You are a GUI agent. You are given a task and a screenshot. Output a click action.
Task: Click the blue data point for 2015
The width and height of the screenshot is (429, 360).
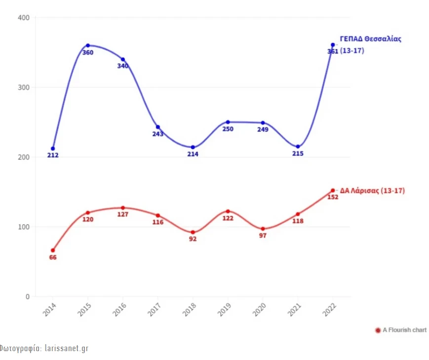88,45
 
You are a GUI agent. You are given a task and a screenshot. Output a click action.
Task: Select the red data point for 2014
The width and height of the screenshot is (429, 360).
53,250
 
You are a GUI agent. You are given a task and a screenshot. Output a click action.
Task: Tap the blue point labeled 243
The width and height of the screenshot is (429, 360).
158,127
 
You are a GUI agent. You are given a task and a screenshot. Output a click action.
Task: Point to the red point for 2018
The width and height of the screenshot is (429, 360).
193,232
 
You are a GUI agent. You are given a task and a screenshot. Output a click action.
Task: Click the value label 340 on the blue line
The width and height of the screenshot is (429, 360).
123,66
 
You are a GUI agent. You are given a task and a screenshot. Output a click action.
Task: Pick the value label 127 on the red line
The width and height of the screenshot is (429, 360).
123,215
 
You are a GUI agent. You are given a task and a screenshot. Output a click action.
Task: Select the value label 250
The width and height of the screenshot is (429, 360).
228,129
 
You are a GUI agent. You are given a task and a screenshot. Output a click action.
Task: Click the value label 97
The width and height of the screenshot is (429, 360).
263,236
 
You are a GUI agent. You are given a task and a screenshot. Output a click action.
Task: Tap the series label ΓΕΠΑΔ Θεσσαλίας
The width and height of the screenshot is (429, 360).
370,39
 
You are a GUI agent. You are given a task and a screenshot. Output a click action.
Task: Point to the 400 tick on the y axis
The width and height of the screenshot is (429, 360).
24,18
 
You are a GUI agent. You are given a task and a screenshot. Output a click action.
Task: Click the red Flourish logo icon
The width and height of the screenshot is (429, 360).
378,330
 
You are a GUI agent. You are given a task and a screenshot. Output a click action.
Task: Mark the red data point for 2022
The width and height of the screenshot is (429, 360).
333,191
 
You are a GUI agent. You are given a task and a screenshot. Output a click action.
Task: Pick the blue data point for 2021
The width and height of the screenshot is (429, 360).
298,147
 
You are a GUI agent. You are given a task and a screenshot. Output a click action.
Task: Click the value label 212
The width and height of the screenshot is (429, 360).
53,156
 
